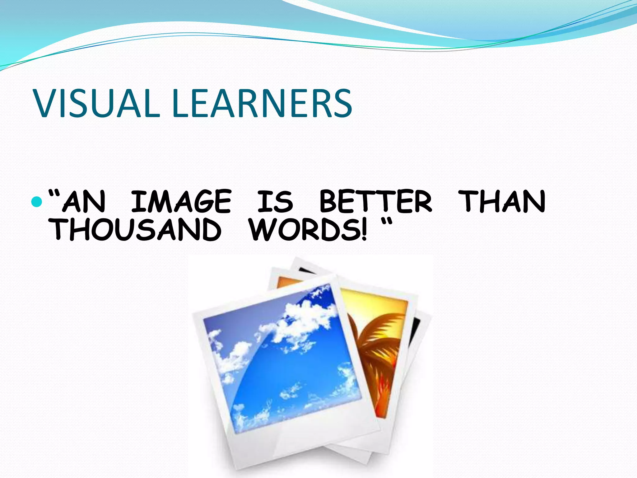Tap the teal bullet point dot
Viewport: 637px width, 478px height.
coord(37,202)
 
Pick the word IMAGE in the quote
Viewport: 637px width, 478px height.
coord(181,202)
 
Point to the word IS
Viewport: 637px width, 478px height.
coord(275,202)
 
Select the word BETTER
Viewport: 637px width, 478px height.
coord(376,202)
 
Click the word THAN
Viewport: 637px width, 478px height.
coord(502,202)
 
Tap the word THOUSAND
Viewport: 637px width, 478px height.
coord(135,230)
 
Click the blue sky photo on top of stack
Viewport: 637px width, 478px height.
coord(280,358)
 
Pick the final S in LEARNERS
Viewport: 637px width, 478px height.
coord(342,103)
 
